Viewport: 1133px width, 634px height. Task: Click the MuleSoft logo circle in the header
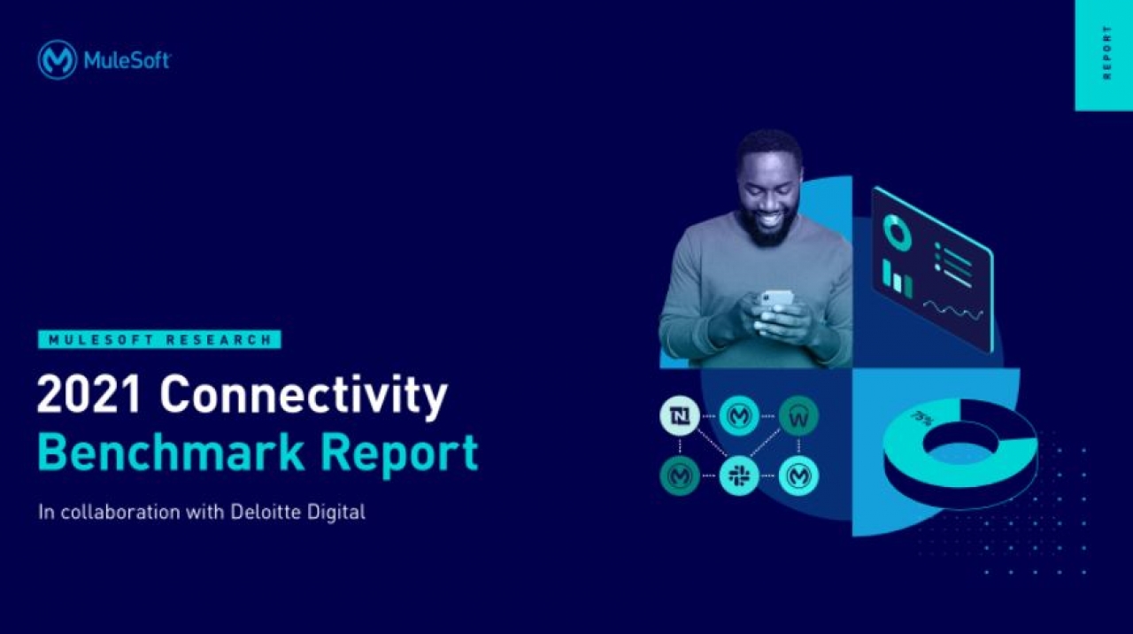pos(58,60)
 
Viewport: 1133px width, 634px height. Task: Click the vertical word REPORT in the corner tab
pos(1107,52)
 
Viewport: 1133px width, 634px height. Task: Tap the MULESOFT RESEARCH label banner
pos(159,339)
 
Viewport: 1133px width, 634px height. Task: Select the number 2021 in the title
pos(88,394)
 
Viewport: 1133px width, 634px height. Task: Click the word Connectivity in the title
pos(304,398)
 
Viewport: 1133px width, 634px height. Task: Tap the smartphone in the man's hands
pos(777,298)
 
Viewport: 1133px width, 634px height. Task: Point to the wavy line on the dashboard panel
pos(953,310)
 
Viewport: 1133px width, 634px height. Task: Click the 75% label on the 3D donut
pos(921,419)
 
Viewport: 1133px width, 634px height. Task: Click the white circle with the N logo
pos(679,416)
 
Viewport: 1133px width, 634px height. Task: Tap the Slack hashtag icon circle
pos(739,475)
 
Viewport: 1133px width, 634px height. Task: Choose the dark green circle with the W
pos(798,416)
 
